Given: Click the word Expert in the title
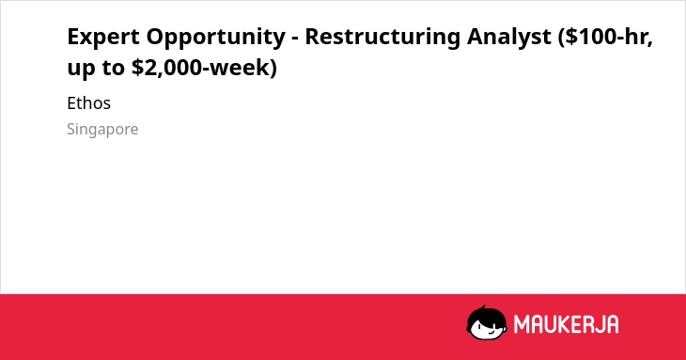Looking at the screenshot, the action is pos(103,37).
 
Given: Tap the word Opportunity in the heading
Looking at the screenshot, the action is pos(216,38).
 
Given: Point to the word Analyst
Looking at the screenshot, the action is pos(508,38).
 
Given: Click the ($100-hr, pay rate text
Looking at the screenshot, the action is pos(605,37).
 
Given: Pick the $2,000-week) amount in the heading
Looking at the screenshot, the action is pos(204,68).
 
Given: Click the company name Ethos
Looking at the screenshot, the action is pos(89,103).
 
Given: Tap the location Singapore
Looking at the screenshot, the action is pos(102,130).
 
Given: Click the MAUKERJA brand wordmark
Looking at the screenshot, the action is pos(566,324).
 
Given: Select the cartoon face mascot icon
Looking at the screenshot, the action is pos(487,322).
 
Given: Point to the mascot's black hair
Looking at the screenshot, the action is pos(486,315).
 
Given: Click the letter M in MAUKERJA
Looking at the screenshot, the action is pos(522,324).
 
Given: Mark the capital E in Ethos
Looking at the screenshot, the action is pos(71,103).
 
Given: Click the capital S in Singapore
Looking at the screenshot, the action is pos(71,129).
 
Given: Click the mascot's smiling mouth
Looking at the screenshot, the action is pos(491,334).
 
